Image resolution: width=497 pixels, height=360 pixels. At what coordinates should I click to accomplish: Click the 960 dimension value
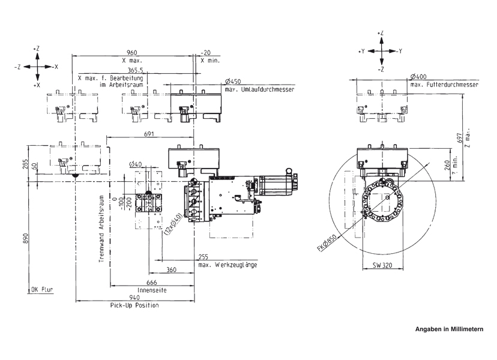tap(132, 53)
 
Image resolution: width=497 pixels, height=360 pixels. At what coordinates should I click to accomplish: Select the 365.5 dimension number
tap(135, 70)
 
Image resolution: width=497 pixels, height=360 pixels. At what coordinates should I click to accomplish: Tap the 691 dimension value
tap(149, 134)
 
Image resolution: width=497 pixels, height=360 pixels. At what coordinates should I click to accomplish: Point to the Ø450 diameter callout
tap(233, 82)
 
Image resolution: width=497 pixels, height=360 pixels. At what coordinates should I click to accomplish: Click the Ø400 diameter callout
tap(418, 77)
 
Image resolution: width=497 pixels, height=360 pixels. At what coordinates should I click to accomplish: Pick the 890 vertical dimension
tap(26, 238)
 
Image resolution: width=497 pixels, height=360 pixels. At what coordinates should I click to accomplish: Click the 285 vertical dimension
tap(26, 164)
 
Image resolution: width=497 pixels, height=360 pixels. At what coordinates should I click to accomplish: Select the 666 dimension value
tap(152, 283)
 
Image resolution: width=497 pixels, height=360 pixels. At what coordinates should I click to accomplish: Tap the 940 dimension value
tap(134, 298)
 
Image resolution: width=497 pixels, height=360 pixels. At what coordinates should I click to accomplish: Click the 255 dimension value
tap(203, 257)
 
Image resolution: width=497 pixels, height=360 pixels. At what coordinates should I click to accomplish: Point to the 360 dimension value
tap(171, 269)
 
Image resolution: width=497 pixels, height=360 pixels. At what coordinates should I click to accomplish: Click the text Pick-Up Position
tap(134, 305)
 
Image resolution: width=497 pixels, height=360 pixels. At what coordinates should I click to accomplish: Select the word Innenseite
tap(152, 290)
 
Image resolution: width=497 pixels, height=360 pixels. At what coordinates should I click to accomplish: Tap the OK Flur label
tap(42, 289)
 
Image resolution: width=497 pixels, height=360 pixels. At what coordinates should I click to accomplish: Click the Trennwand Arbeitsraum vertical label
tap(101, 229)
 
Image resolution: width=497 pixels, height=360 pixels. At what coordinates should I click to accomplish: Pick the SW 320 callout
tap(382, 265)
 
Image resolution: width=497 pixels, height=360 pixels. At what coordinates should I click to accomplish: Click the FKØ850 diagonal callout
tap(327, 243)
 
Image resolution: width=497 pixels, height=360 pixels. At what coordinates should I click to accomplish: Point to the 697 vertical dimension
tap(460, 137)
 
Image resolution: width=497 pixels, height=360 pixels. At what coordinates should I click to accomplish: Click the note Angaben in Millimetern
tap(450, 329)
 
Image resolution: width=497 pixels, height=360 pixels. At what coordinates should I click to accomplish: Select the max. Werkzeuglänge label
tap(228, 265)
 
